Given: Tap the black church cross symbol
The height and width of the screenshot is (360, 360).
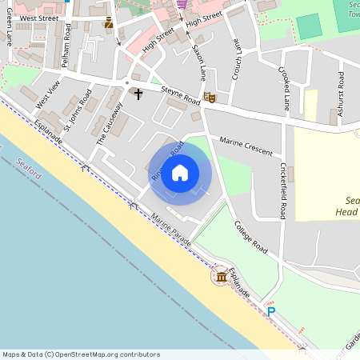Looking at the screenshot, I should point(138,94).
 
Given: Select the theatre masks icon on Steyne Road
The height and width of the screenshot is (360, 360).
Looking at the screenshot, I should point(210,98).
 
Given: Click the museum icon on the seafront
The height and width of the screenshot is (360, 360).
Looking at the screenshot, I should point(221,277).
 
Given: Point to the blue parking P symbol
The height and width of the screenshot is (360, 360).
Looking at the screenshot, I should point(271,312).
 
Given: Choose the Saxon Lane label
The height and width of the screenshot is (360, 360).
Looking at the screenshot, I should point(198,61).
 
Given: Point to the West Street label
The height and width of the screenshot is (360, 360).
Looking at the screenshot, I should point(39,17).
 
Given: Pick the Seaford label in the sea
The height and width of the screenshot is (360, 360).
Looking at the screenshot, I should point(29,173).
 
